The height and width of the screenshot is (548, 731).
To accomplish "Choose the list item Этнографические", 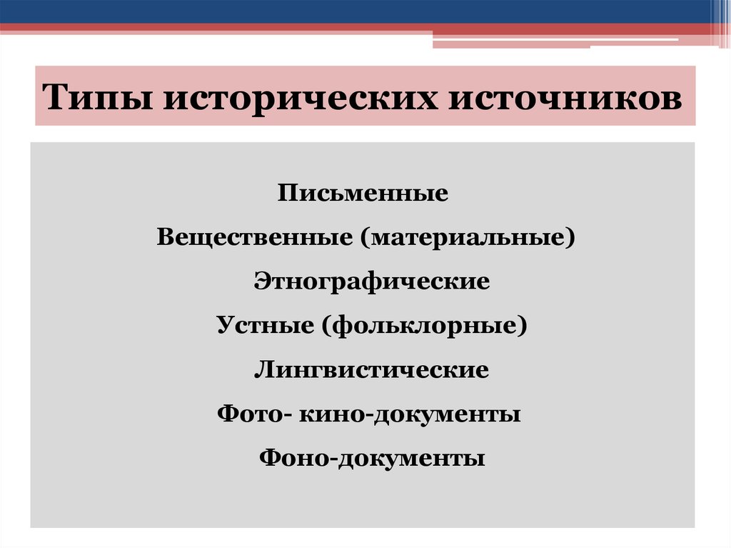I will pyautogui.click(x=371, y=281).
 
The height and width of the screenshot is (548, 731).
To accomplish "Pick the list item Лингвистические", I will pyautogui.click(x=371, y=370).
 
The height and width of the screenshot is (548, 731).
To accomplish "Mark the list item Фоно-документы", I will pyautogui.click(x=372, y=458).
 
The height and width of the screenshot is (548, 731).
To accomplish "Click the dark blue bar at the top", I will pyautogui.click(x=357, y=11).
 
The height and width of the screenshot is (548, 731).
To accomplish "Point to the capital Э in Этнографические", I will pyautogui.click(x=261, y=281).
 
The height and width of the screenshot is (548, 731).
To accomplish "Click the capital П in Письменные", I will pyautogui.click(x=287, y=193).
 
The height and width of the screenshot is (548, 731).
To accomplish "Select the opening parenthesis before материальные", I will pyautogui.click(x=365, y=236).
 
